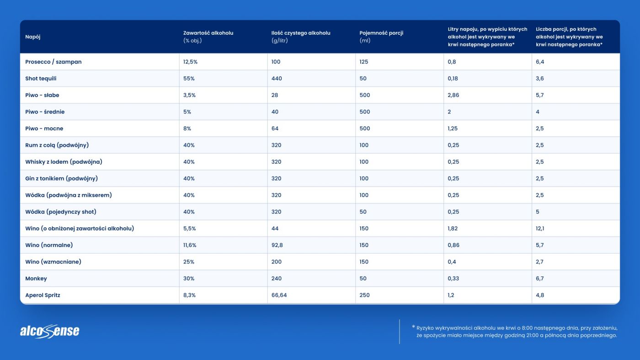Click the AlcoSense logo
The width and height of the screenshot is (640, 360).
[49, 331]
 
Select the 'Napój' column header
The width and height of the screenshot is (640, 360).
[33, 37]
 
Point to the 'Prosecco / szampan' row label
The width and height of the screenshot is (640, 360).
[53, 62]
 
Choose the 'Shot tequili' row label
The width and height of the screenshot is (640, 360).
[41, 79]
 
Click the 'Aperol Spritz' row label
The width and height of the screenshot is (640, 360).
[43, 296]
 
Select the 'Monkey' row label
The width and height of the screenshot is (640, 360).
[36, 279]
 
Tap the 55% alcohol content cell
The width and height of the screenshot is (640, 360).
[189, 79]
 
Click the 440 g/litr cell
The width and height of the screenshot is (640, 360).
[277, 79]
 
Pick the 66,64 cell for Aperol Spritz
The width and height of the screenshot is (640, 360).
[279, 296]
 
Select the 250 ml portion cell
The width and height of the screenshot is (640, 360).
[364, 296]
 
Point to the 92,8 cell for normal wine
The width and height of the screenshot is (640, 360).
[277, 245]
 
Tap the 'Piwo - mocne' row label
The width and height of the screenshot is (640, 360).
[44, 129]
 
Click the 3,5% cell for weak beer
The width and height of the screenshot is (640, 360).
[190, 95]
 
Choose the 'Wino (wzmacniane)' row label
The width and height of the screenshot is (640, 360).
[53, 262]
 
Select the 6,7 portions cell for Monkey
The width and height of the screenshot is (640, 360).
[540, 279]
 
